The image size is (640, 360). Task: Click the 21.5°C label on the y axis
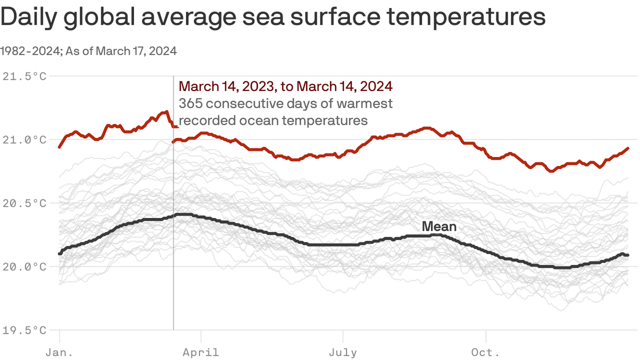point(24,76)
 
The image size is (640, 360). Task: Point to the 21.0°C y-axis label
point(24,140)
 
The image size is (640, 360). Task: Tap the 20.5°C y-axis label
point(24,203)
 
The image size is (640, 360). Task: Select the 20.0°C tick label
point(24,267)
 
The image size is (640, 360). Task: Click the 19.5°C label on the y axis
point(24,330)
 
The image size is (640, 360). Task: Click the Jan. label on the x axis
point(60,352)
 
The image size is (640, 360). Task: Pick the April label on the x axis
point(201,352)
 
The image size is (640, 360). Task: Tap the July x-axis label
point(343,352)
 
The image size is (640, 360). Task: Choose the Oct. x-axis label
point(486,352)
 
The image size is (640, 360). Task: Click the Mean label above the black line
point(439,227)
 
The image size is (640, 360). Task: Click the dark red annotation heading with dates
point(285,86)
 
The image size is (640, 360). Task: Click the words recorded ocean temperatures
point(273,120)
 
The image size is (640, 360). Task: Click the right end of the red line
point(628,148)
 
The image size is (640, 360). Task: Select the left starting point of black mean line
point(60,254)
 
